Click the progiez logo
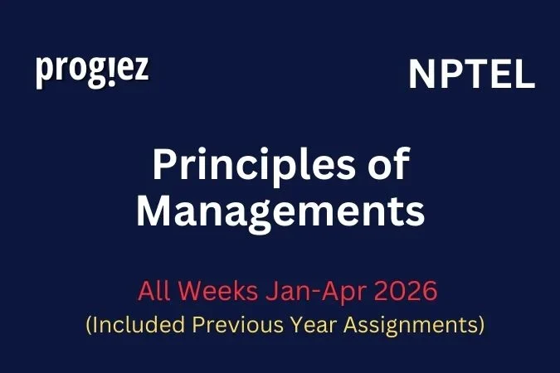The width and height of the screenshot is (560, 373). coord(92,70)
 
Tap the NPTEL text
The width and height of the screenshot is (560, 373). coord(471,76)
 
